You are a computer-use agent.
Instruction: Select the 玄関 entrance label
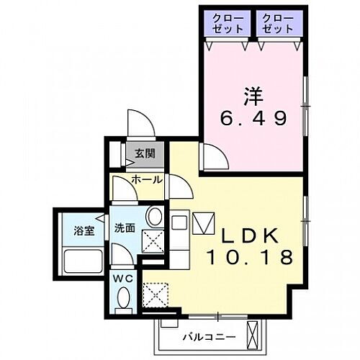click(x=143, y=153)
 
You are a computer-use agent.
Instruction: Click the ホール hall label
click(x=147, y=179)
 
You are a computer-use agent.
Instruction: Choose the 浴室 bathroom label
click(x=84, y=231)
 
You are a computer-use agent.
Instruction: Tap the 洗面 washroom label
click(x=125, y=228)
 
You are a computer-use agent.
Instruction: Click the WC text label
click(x=121, y=277)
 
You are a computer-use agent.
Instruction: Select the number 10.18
click(x=251, y=257)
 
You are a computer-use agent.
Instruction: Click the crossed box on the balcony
click(x=253, y=334)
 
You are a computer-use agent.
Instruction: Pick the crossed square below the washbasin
click(x=153, y=242)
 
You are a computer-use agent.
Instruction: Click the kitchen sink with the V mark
click(x=202, y=225)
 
